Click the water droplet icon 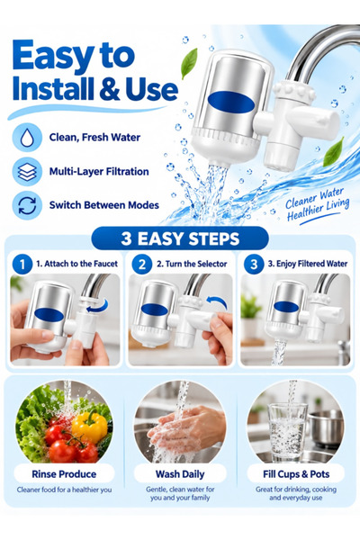(27, 138)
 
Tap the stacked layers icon (27, 172)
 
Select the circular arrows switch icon (27, 205)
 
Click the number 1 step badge (22, 265)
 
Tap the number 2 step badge (141, 265)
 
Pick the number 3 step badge (254, 265)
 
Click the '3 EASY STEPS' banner (180, 238)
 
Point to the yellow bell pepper (90, 427)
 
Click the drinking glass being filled (288, 432)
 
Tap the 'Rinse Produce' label (64, 474)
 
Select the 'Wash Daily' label (180, 474)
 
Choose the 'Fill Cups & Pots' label (296, 474)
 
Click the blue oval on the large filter (231, 103)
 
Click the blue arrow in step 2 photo (218, 302)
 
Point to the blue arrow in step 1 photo (98, 306)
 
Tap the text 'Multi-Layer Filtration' (99, 172)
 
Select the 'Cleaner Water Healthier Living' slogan (318, 205)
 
